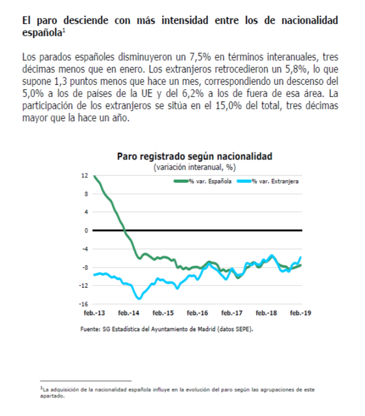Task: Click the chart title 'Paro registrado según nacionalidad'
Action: (x=194, y=156)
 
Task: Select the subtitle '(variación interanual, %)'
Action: (x=194, y=167)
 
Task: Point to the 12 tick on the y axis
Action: (x=85, y=176)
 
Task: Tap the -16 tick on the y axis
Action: (x=84, y=304)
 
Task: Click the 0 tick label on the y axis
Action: (x=86, y=230)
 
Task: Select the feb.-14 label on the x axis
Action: (x=129, y=313)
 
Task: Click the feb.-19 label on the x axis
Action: (x=300, y=313)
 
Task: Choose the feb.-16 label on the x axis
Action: (x=197, y=313)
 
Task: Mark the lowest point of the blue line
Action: (x=139, y=299)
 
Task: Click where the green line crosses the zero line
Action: (x=125, y=230)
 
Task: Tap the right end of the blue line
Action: (x=300, y=257)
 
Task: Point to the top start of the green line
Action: (x=94, y=176)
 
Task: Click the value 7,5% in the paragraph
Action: (x=200, y=57)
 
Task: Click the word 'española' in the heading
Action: (x=42, y=33)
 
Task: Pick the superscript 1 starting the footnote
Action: (x=41, y=388)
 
